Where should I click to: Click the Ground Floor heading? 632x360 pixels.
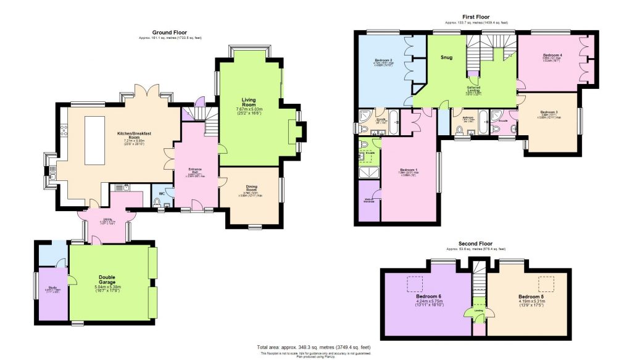pos(170,32)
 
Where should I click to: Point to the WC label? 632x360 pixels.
pos(161,194)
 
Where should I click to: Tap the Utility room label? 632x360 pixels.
pos(107,219)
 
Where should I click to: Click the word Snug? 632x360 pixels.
pos(446,57)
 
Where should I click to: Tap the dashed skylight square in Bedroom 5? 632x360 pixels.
pos(545,283)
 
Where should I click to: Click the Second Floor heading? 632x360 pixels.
pos(475,244)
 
